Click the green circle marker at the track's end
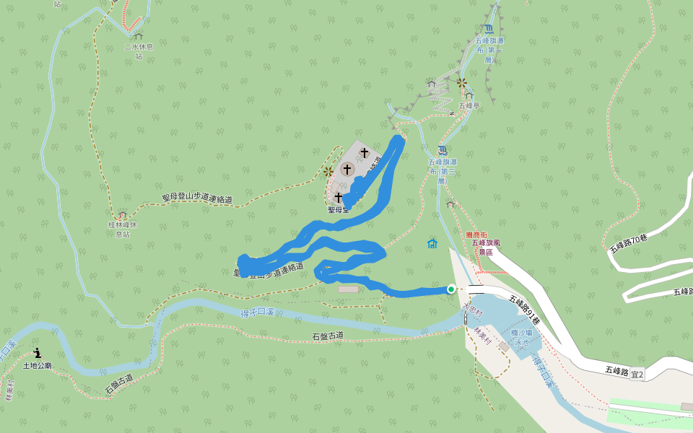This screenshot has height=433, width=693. [451, 289]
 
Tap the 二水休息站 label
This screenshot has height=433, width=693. [137, 51]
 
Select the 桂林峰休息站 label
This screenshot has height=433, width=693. [122, 229]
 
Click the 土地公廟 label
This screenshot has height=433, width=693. [38, 366]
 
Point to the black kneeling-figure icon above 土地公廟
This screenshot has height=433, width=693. [38, 354]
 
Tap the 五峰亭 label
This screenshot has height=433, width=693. [469, 105]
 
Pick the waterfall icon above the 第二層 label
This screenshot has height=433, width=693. [443, 150]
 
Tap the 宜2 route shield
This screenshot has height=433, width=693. [637, 374]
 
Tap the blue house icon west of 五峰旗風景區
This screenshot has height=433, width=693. [432, 243]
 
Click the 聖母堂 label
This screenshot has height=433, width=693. [338, 210]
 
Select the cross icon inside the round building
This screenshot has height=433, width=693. [347, 170]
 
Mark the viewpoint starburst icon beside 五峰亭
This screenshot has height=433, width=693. [461, 83]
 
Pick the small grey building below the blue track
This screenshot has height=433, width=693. [347, 289]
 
